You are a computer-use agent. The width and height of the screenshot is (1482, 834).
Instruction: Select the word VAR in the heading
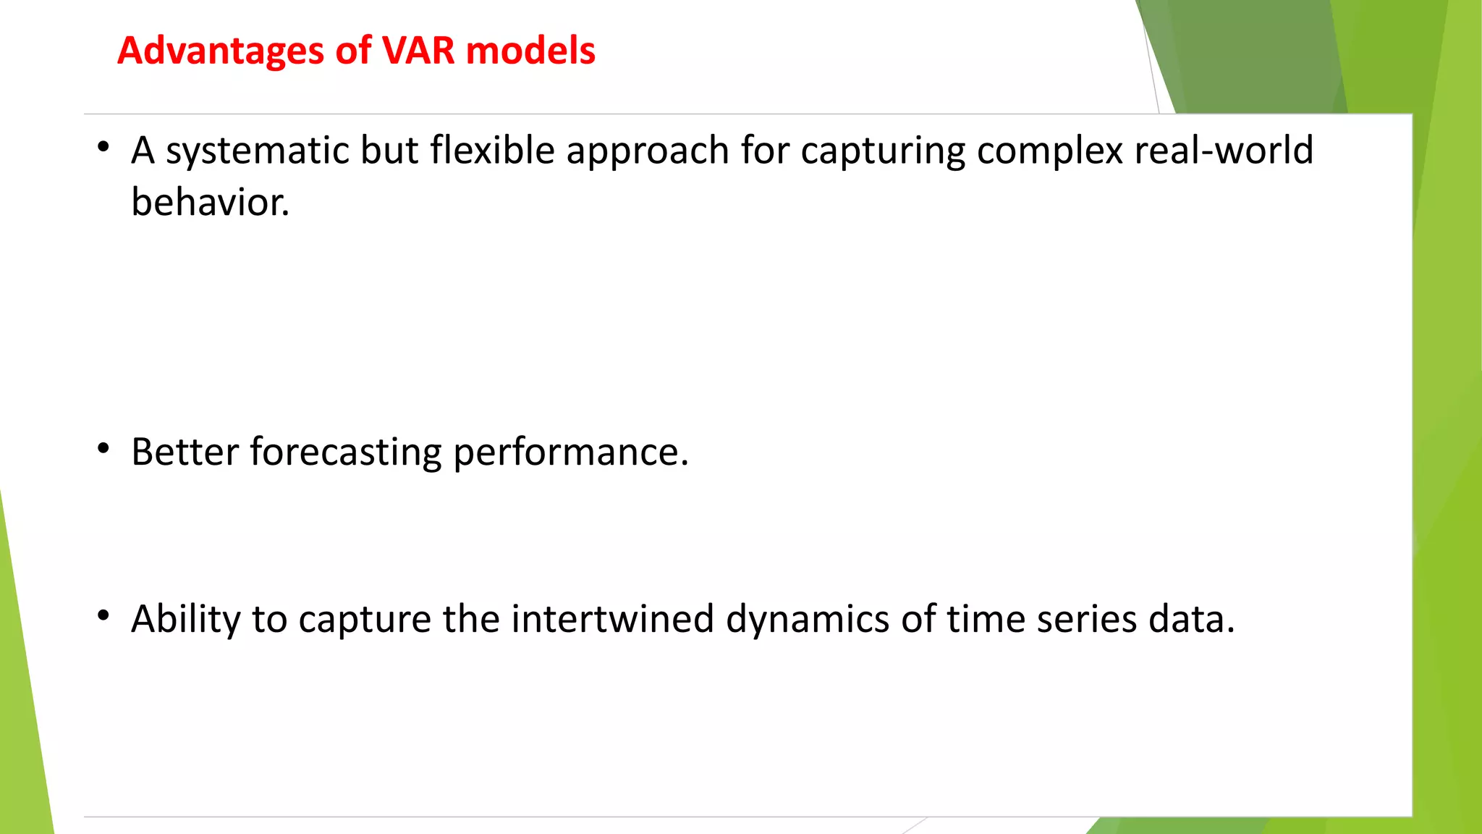[x=418, y=51]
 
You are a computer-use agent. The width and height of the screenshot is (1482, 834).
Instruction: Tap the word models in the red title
[x=530, y=51]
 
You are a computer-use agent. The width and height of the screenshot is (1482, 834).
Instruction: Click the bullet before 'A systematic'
[x=103, y=148]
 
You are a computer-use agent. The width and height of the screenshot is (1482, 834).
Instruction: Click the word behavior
[x=210, y=202]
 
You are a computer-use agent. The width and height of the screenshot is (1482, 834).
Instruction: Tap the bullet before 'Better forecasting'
[x=103, y=450]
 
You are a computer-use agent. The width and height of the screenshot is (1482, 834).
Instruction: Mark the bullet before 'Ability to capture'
[x=103, y=616]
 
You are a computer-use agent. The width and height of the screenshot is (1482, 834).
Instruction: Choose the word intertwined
[x=612, y=620]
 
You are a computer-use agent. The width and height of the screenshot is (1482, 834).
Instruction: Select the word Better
[x=185, y=452]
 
